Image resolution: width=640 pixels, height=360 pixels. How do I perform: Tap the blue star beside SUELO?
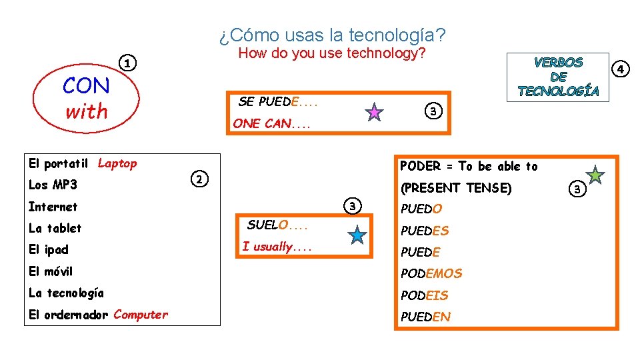tap(358, 235)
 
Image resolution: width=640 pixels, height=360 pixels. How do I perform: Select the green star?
tap(595, 175)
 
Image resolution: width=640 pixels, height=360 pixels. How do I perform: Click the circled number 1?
tap(127, 63)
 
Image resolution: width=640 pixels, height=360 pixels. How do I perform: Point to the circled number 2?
tap(199, 179)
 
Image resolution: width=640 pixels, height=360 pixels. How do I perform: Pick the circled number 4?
tap(621, 69)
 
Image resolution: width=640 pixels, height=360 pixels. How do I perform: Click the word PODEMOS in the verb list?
tap(431, 273)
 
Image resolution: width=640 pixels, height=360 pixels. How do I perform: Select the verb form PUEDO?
tap(421, 209)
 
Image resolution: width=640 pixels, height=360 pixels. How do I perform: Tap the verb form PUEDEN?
tap(425, 317)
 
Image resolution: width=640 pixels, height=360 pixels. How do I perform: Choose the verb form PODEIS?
tap(424, 295)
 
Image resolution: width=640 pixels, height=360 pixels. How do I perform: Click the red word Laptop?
tap(117, 163)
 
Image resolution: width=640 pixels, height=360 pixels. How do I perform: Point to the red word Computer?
tap(141, 315)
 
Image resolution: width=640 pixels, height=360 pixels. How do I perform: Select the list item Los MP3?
tap(53, 185)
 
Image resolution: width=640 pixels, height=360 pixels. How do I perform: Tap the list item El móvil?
tap(51, 271)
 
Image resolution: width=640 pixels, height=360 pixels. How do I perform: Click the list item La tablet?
tap(55, 228)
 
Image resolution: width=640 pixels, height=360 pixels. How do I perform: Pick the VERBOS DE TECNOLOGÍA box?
tap(558, 77)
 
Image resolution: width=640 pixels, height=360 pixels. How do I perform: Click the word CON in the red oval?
tap(86, 86)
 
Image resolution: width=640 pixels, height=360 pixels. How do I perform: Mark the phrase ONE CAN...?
tap(271, 123)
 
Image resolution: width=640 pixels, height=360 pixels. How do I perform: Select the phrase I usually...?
tap(277, 247)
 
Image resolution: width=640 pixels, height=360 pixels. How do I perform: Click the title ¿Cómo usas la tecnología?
tap(332, 35)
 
